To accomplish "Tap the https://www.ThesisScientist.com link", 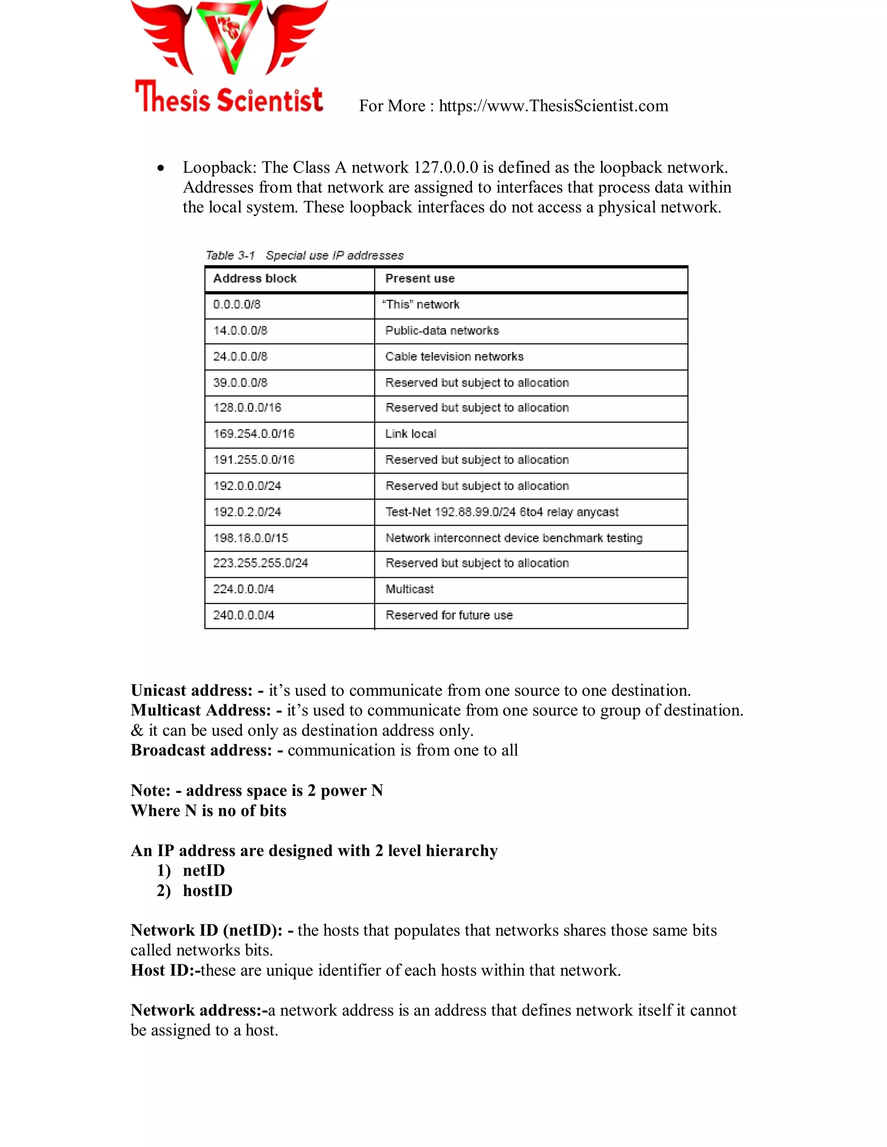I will click(x=554, y=106).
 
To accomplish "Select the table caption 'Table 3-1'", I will click(x=230, y=256).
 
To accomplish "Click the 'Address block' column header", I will click(x=255, y=279).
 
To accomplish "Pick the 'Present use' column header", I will click(x=420, y=279).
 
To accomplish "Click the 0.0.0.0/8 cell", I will click(x=237, y=305).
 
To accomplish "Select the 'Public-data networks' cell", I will click(x=442, y=331).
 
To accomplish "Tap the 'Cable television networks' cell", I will click(x=454, y=357).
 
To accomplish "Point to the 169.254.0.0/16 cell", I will click(x=254, y=434).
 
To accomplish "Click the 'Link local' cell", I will click(x=411, y=434).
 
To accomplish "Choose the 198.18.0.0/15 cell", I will click(x=251, y=538).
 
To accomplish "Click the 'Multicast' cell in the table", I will click(x=409, y=589).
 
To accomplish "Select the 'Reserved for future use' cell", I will click(x=449, y=615).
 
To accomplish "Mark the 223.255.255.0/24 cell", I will click(x=261, y=563).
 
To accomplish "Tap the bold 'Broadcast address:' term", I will click(x=201, y=751).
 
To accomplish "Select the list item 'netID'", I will click(x=204, y=871).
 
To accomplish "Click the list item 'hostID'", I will click(x=207, y=891).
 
